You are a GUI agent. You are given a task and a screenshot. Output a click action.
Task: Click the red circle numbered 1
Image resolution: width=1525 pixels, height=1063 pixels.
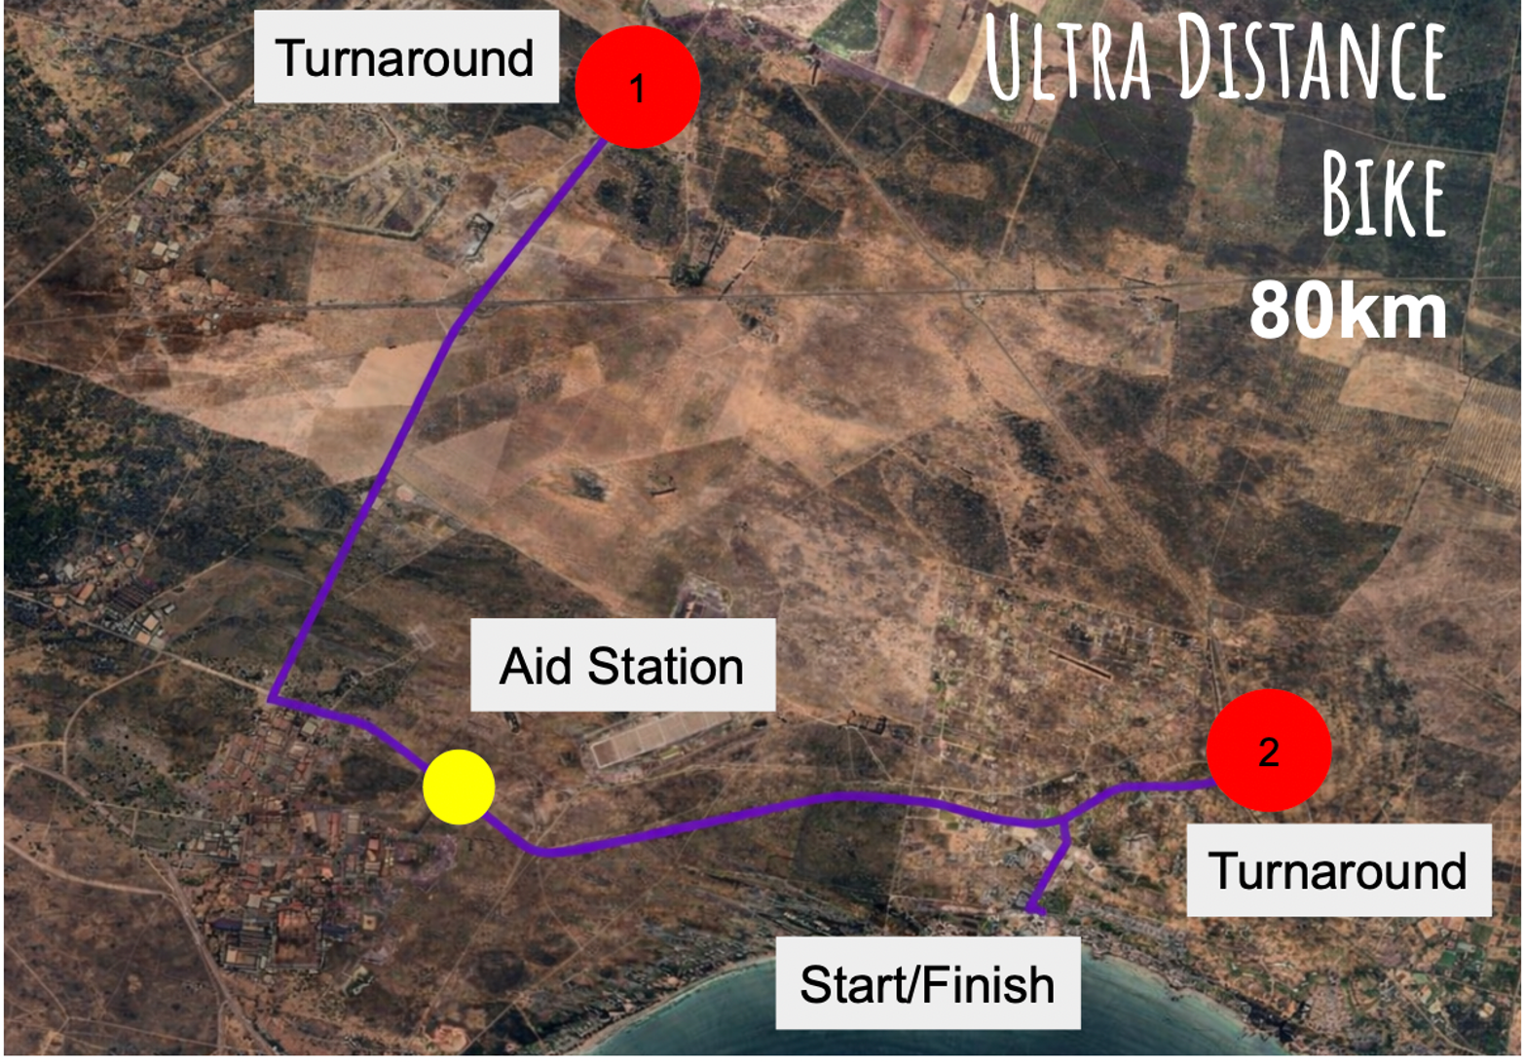(637, 87)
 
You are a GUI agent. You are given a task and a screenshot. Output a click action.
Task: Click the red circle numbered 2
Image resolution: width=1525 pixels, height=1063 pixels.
(1269, 751)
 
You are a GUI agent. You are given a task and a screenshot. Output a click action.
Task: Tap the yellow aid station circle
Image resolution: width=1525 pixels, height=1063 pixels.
(459, 788)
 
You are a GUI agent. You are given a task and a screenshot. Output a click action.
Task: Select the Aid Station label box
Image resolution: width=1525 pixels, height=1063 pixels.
(623, 665)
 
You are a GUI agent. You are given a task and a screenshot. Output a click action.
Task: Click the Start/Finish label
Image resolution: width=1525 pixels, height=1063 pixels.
(928, 983)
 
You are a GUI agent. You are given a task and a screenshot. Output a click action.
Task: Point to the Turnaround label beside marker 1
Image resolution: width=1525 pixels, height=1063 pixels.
(406, 56)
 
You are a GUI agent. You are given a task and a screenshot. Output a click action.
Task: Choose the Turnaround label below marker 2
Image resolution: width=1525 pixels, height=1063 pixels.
(1339, 869)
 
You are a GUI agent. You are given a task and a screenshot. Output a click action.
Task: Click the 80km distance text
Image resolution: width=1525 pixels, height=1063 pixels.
(1348, 312)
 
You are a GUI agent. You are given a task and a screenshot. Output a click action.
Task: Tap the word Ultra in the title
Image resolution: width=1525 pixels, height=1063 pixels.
(1068, 57)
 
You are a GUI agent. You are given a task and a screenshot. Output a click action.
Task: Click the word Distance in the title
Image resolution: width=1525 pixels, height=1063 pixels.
(1312, 57)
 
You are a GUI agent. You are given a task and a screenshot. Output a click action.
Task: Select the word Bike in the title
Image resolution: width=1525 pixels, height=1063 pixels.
(1384, 194)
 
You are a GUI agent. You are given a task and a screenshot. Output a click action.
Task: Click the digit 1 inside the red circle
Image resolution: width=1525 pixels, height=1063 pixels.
(637, 89)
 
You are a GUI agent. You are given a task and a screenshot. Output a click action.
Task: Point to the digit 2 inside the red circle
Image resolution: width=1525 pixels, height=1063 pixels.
(1268, 752)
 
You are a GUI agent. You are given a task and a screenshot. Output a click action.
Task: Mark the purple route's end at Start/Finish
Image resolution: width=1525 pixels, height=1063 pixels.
(1042, 911)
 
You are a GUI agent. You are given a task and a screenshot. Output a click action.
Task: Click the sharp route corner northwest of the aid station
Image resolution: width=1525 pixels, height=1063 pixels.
(271, 699)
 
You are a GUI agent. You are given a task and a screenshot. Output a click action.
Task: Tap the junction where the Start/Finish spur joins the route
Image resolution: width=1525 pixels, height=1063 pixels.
(1063, 824)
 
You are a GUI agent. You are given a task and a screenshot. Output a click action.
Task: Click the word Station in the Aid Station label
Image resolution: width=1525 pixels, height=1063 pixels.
(666, 666)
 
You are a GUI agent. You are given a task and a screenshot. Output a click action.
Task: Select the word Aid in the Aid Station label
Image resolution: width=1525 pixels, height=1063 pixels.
(535, 666)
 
